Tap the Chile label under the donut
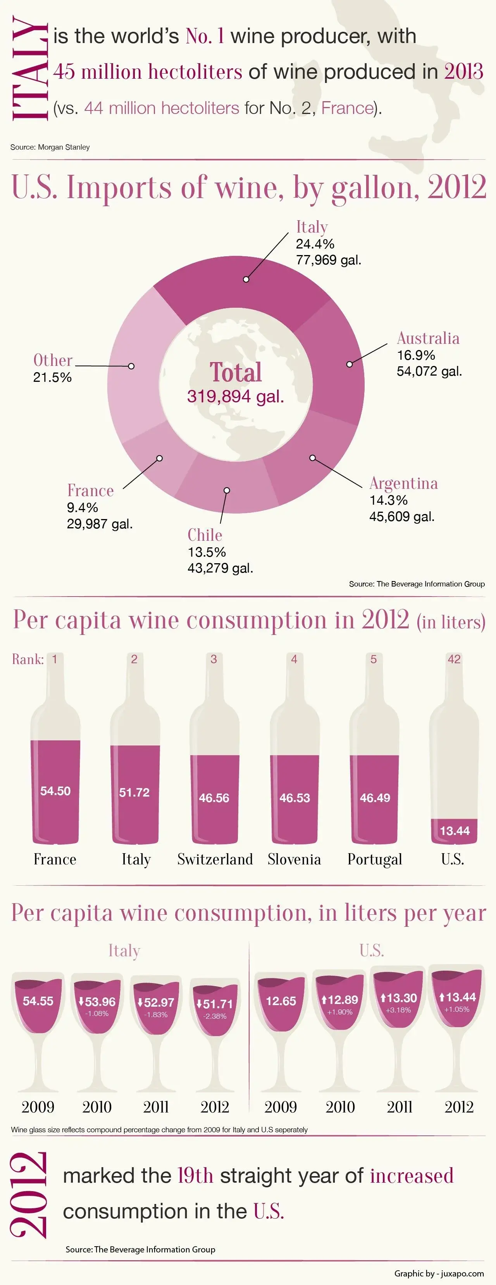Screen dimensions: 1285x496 pyautogui.click(x=205, y=535)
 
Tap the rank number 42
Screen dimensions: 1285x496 pyautogui.click(x=454, y=659)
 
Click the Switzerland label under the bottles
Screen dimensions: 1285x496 pyautogui.click(x=215, y=859)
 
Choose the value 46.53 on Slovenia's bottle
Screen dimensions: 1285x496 pyautogui.click(x=294, y=798)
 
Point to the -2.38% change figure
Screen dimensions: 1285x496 pyautogui.click(x=215, y=1016)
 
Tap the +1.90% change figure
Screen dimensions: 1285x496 pyautogui.click(x=340, y=1012)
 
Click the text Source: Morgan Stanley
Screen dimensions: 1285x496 pyautogui.click(x=50, y=147)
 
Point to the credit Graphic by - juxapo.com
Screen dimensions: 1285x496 pyautogui.click(x=439, y=1273)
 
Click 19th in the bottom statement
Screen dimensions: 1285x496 pyautogui.click(x=195, y=1176)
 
